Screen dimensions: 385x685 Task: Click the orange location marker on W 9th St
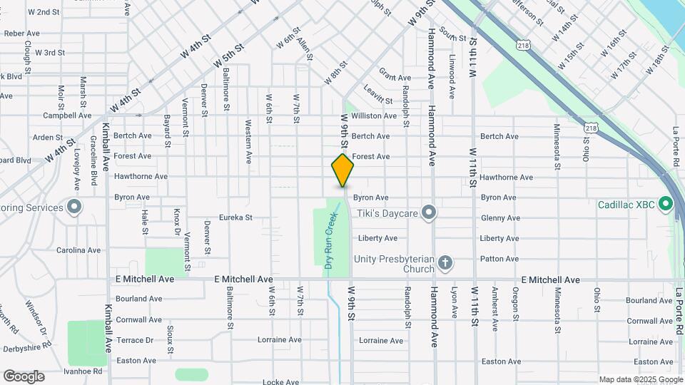pos(343,170)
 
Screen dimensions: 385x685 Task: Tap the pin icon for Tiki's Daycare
pos(429,212)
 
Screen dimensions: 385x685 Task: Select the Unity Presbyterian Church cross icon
pos(445,263)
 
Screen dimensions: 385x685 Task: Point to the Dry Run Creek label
pos(330,240)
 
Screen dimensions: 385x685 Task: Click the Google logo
pos(23,376)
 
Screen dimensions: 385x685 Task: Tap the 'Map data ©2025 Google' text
pos(640,379)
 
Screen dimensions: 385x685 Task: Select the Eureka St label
pos(236,217)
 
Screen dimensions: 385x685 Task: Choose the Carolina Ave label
pos(79,250)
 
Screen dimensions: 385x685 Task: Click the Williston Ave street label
pos(374,115)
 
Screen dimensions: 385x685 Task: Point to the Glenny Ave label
pos(499,218)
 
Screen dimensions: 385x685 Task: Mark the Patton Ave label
pos(499,259)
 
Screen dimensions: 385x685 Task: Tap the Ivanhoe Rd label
pos(83,371)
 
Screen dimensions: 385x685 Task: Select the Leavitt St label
pos(378,96)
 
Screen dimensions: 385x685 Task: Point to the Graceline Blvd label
pos(93,161)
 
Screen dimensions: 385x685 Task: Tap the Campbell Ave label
pos(67,115)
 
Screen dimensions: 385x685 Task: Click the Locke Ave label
pos(281,381)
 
